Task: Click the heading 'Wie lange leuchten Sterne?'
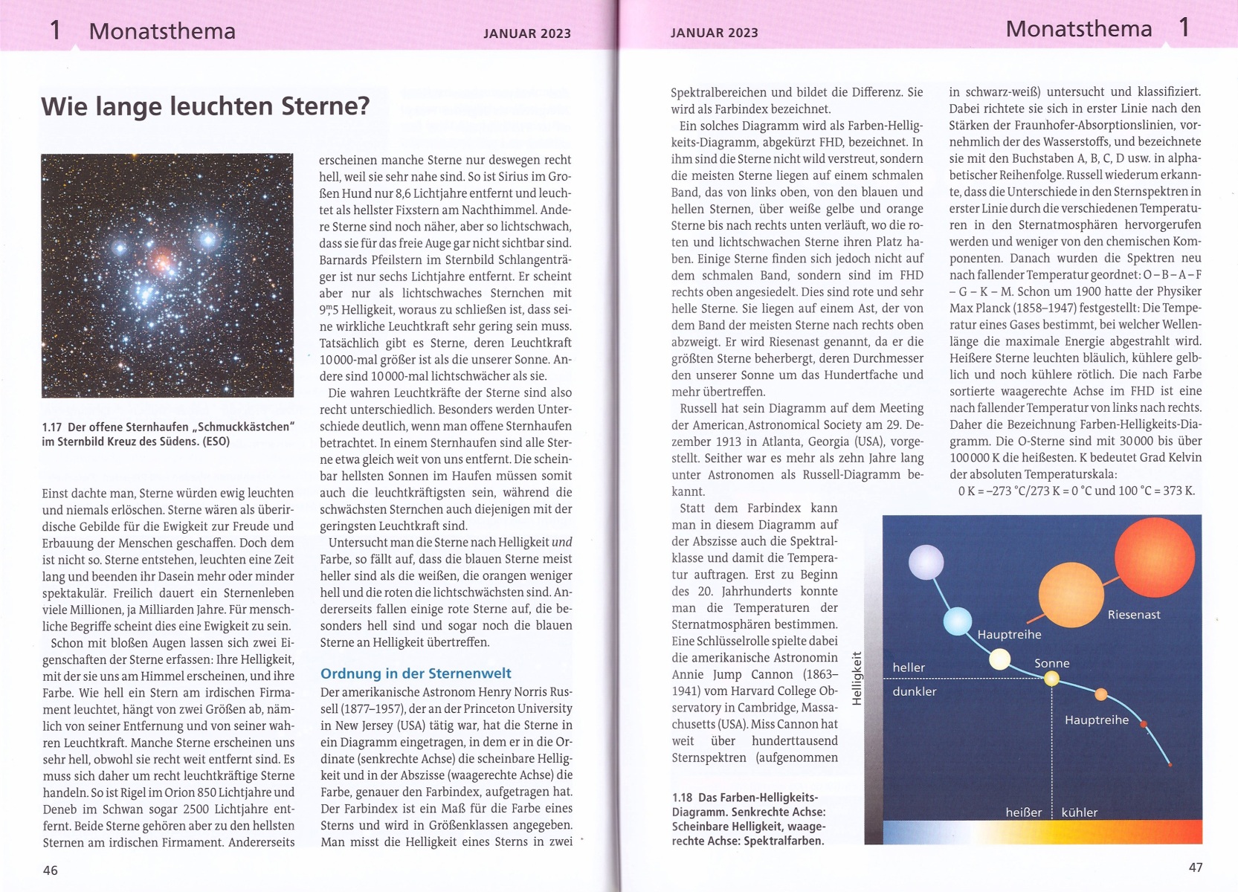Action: pos(205,106)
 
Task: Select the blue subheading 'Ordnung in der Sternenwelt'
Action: pos(416,673)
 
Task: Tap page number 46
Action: pos(51,870)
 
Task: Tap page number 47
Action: pos(1196,867)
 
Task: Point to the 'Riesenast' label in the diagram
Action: pos(1133,615)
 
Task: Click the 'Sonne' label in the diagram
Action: pos(1051,663)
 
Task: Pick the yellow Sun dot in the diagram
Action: pos(1051,678)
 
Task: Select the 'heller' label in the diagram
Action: pos(909,668)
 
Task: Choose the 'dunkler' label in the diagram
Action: pos(915,691)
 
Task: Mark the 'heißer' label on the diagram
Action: pos(1023,812)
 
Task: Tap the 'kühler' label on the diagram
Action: pos(1079,812)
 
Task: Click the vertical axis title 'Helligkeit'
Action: pos(857,679)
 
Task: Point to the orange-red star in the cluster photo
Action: pos(161,259)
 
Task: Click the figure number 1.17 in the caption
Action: pos(51,427)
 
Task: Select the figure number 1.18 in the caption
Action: pos(682,798)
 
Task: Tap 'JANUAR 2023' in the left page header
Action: pos(526,33)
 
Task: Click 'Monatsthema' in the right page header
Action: pos(1078,29)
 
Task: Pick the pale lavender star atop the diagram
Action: pos(926,562)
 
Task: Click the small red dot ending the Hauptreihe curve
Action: pos(1170,764)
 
